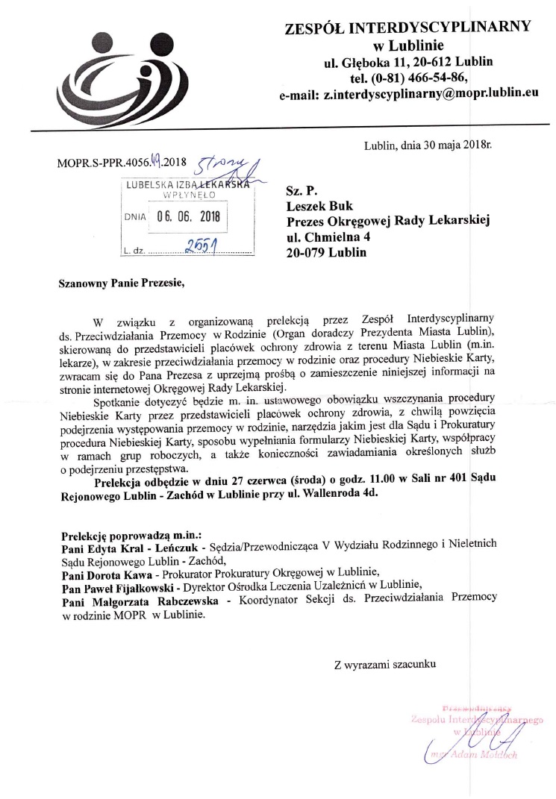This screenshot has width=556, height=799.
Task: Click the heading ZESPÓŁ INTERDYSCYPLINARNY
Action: [407, 29]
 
